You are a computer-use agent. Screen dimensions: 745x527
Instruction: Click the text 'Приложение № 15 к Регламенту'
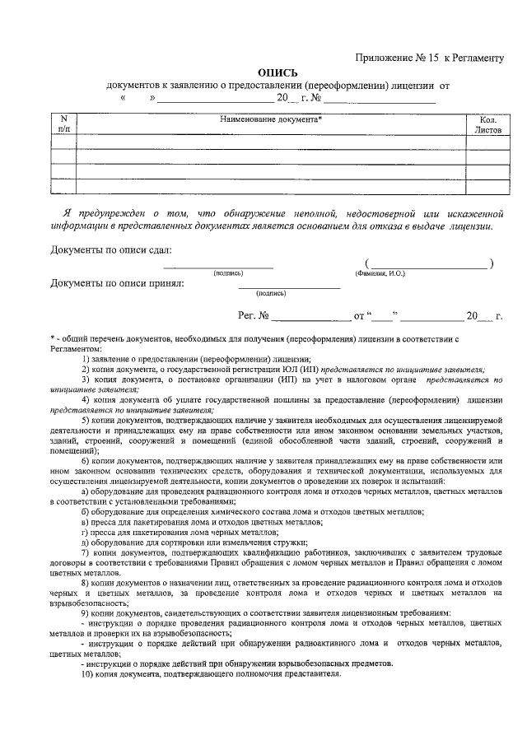point(428,58)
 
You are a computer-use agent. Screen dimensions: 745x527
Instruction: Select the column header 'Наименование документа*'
point(271,119)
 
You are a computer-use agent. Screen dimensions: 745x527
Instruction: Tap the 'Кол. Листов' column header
point(482,124)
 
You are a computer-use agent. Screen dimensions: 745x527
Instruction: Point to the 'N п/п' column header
point(64,124)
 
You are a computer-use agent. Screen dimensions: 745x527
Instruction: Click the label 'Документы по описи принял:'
point(118,283)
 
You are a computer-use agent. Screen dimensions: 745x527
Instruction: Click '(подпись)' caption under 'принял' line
point(271,292)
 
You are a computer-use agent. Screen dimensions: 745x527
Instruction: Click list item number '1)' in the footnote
point(86,359)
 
